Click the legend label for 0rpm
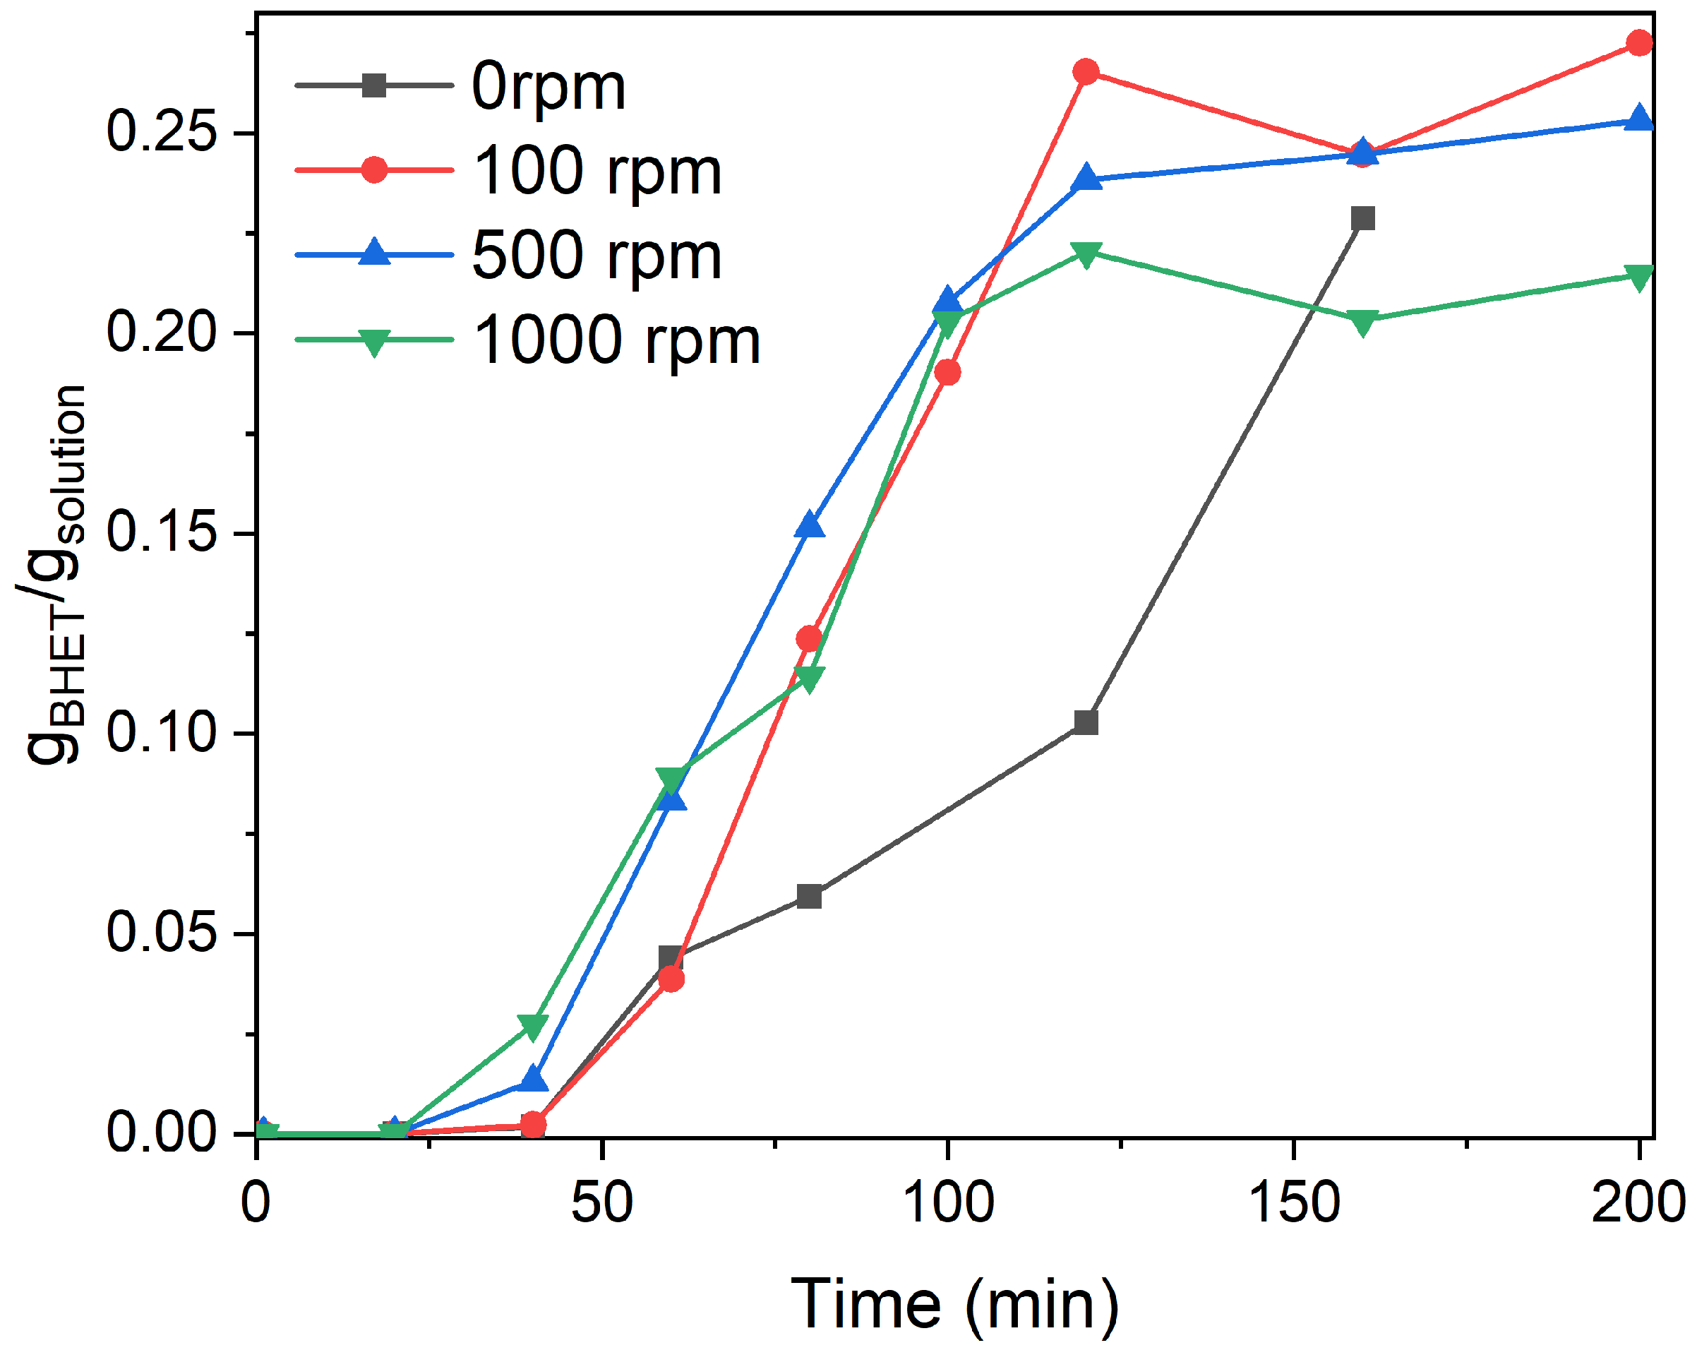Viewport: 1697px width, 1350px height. (548, 87)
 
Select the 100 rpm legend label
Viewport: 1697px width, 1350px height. (596, 171)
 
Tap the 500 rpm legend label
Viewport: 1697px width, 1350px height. (596, 256)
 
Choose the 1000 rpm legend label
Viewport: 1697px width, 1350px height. (616, 341)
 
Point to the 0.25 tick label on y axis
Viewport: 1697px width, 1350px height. (162, 131)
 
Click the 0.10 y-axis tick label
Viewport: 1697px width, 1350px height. (162, 732)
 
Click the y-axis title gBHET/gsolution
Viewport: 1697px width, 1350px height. (54, 575)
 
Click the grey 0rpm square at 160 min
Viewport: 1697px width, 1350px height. (1362, 218)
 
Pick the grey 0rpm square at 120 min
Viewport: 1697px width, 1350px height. (1086, 722)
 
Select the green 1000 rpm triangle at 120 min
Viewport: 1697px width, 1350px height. (1086, 254)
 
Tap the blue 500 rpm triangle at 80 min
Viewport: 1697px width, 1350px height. (809, 525)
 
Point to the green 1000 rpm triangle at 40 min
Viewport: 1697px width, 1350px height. (533, 1027)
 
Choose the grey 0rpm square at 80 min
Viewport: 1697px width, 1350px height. (809, 897)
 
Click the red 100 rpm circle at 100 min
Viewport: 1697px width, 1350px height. (947, 372)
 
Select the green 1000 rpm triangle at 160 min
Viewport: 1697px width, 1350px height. (1362, 322)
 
